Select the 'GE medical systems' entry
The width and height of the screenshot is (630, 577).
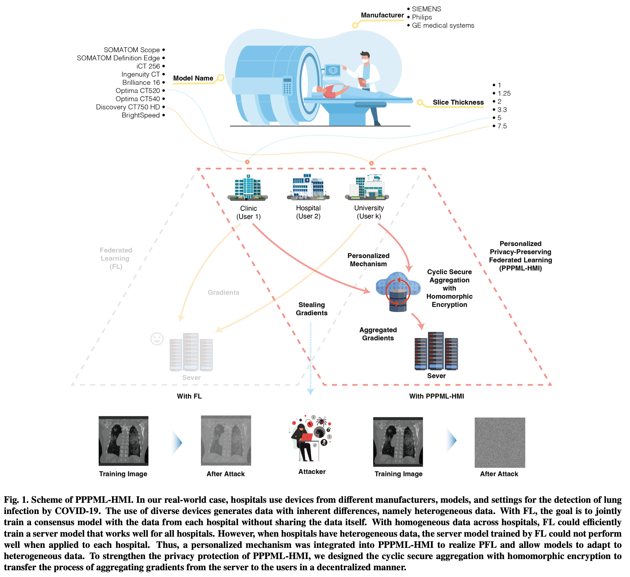[x=443, y=26]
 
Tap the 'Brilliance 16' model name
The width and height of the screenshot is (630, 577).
[x=141, y=83]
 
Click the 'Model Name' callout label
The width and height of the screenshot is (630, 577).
[x=193, y=78]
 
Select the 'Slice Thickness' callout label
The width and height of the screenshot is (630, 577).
[x=458, y=102]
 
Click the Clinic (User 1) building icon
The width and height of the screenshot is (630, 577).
[x=248, y=187]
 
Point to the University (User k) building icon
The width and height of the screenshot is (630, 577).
[x=368, y=187]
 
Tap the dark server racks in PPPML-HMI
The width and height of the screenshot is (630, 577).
[x=436, y=351]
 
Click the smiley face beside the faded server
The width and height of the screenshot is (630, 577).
[x=157, y=339]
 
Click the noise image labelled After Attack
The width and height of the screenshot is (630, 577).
[x=500, y=442]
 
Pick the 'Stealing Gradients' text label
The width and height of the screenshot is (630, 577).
[x=311, y=309]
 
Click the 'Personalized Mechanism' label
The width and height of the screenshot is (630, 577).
[x=368, y=260]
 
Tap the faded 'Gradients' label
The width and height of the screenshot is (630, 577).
[x=223, y=293]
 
